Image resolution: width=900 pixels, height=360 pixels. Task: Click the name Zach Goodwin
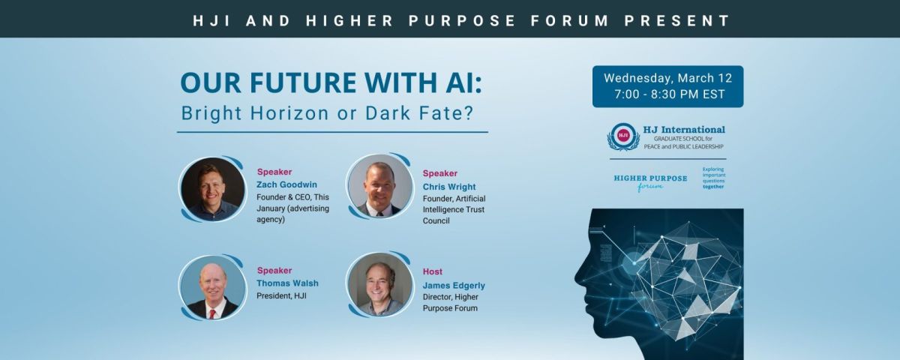pos(286,184)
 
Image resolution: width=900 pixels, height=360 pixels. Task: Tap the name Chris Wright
pos(449,187)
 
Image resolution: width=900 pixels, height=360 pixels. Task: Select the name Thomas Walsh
pos(288,283)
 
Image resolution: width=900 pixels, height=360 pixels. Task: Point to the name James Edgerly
pos(454,286)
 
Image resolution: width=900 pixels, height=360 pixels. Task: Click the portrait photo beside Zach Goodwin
pos(212,189)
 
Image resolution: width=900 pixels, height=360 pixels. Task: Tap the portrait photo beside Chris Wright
pos(380,187)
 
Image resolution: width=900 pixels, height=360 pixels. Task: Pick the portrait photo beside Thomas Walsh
pos(212,287)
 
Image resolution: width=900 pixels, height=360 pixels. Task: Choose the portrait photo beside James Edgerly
pos(380,284)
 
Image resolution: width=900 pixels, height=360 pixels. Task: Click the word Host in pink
pos(433,271)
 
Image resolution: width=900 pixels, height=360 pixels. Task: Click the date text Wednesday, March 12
pos(667,78)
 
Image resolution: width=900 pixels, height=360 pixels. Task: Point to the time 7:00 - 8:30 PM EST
pos(670,94)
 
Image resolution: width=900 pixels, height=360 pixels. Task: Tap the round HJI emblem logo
pos(623,136)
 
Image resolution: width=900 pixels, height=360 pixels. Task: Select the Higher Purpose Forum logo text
pos(650,182)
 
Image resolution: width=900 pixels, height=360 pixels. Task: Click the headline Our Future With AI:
pos(331,82)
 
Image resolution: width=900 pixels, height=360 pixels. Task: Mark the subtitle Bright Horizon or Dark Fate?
pos(328,113)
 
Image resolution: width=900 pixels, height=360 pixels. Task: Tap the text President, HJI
pos(281,296)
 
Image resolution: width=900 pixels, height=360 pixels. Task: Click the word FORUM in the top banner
pos(569,20)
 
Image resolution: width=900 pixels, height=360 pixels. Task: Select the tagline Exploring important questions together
pos(714,178)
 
